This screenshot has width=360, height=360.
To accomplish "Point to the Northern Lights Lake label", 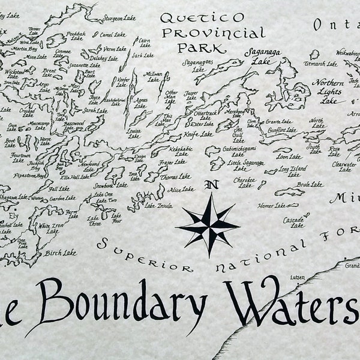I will click(328, 91).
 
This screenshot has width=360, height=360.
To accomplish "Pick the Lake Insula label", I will click(158, 206).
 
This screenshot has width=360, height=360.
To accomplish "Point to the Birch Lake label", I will click(61, 252).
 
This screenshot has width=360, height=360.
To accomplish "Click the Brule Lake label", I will click(310, 184).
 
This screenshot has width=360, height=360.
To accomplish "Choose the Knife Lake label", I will click(199, 134).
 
